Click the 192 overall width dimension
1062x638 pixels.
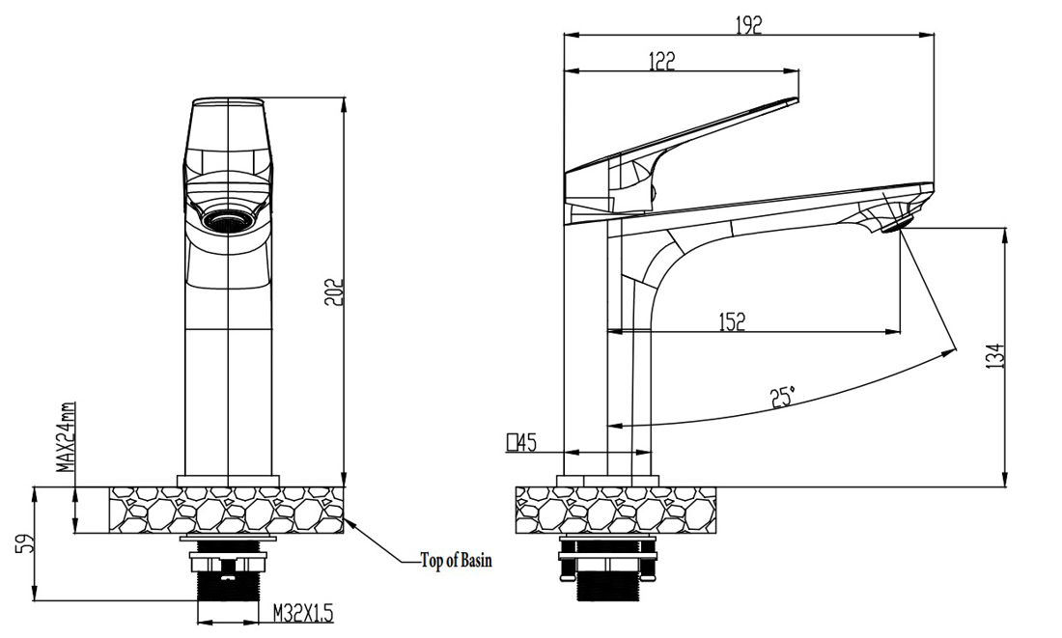tap(748, 26)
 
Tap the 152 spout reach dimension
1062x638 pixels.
tap(732, 321)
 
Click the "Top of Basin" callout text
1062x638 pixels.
tap(456, 561)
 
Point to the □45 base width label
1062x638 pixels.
tap(520, 443)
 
